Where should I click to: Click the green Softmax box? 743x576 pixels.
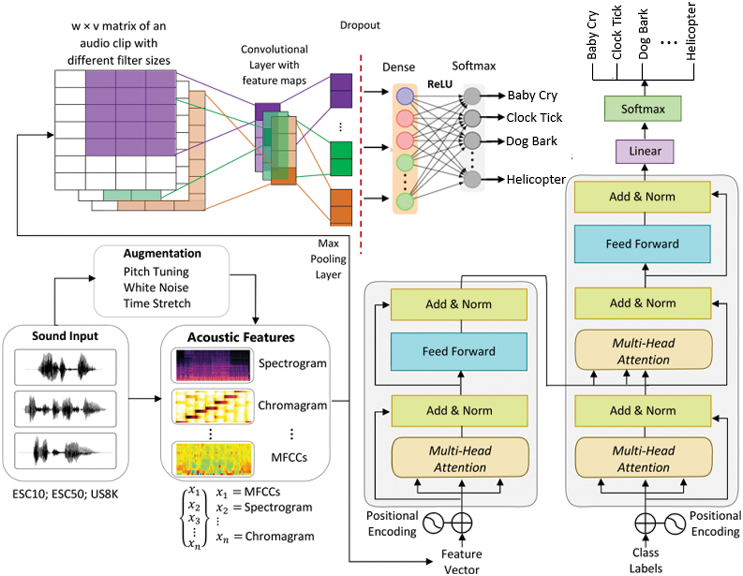tap(642, 109)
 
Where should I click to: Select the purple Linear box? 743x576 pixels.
tap(644, 151)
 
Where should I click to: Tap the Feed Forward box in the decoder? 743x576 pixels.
tap(642, 244)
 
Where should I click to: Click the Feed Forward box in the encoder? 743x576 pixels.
tap(459, 351)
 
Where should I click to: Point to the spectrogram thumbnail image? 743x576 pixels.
tap(212, 365)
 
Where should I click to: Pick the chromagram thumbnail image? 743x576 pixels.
tap(212, 406)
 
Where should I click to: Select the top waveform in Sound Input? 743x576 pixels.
tap(65, 367)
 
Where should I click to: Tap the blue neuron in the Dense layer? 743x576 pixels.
tap(405, 96)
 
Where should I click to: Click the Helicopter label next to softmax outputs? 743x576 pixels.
tap(536, 179)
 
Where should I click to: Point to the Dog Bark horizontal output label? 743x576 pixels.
tap(531, 141)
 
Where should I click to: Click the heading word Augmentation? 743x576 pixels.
tap(162, 253)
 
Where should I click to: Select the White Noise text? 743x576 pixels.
tap(156, 287)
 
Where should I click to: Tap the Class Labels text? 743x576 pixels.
tap(645, 560)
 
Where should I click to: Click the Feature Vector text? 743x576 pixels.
tap(461, 562)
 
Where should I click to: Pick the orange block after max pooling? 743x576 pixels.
tap(341, 207)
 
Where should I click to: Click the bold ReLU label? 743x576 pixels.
tap(440, 84)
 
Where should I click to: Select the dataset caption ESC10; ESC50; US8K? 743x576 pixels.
tap(65, 494)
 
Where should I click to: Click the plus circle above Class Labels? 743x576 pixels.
tap(645, 523)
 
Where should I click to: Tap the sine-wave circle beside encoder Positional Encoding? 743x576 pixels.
tap(433, 523)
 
